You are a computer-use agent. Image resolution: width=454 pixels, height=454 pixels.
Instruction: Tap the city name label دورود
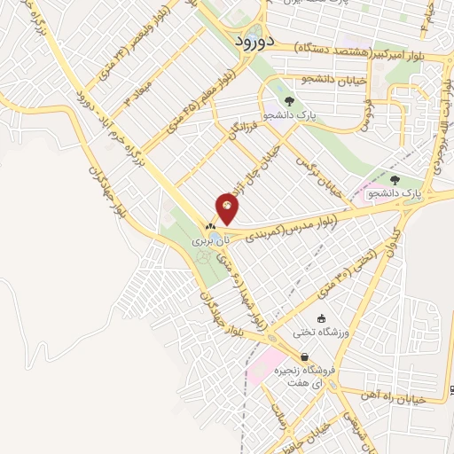point(257,41)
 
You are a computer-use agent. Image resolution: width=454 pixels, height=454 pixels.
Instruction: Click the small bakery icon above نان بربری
point(211,227)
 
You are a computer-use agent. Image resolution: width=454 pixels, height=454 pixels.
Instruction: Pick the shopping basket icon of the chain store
point(305,357)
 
